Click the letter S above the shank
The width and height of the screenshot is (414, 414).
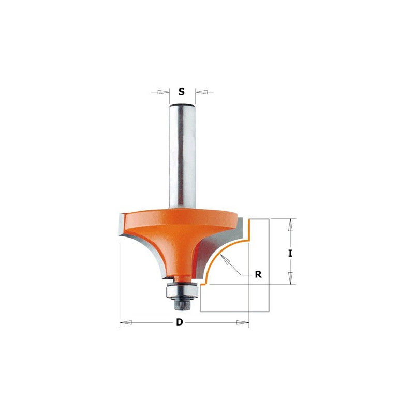(x=182, y=92)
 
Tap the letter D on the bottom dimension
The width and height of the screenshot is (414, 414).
(x=180, y=322)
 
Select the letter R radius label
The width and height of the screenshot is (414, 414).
(x=258, y=275)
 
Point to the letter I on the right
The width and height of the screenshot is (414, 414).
(x=290, y=254)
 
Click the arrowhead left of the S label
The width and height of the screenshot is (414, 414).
(x=163, y=92)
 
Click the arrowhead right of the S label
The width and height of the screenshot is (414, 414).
(x=201, y=92)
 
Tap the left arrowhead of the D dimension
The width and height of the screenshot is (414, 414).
(x=126, y=322)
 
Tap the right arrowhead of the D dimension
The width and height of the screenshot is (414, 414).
(x=243, y=322)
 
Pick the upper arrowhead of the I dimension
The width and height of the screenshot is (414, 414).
(x=290, y=225)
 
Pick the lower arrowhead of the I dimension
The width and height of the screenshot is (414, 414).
(x=290, y=278)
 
